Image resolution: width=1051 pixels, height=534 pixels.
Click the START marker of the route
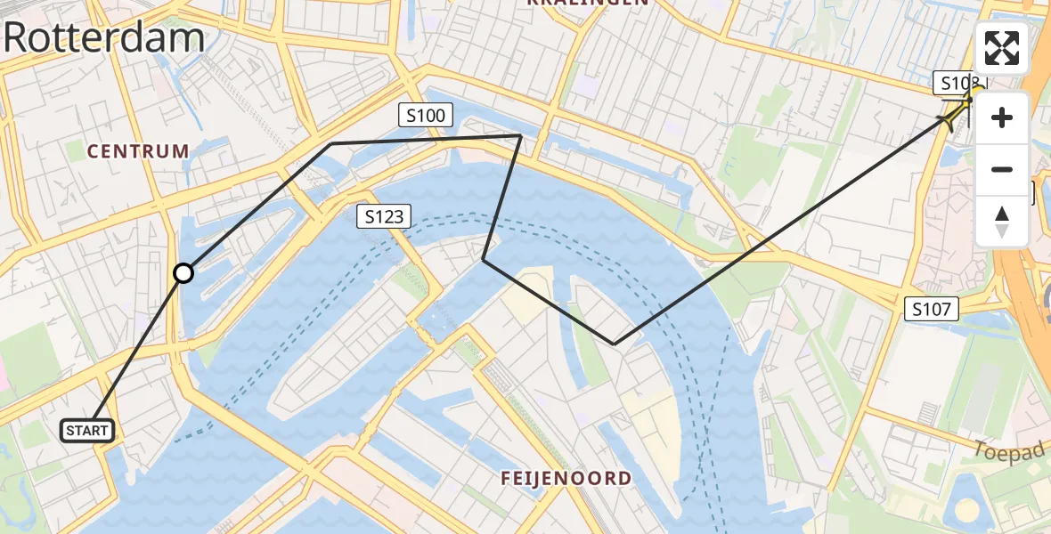(x=87, y=431)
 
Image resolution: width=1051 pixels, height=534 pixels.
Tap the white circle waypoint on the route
(x=183, y=273)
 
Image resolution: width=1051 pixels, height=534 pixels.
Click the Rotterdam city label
(x=104, y=38)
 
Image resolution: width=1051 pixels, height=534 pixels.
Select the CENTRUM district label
(x=138, y=151)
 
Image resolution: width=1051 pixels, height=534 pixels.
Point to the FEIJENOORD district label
(x=566, y=478)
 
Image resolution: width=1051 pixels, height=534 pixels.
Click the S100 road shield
(x=427, y=114)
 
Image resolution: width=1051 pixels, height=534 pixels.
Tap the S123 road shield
(x=384, y=215)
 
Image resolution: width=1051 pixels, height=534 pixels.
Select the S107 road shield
(x=932, y=309)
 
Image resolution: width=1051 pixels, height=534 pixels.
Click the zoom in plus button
(x=1002, y=117)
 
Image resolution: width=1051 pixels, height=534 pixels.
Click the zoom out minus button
(x=1002, y=169)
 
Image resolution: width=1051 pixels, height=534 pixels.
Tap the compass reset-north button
(x=1002, y=221)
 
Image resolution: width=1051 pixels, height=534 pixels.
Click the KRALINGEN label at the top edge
(x=587, y=4)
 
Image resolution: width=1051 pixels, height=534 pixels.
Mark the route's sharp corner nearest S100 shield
(x=520, y=135)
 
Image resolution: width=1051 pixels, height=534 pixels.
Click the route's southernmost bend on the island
(x=615, y=344)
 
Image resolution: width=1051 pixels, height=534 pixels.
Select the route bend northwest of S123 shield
(x=331, y=143)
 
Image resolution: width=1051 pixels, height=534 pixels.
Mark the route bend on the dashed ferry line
(x=484, y=259)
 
